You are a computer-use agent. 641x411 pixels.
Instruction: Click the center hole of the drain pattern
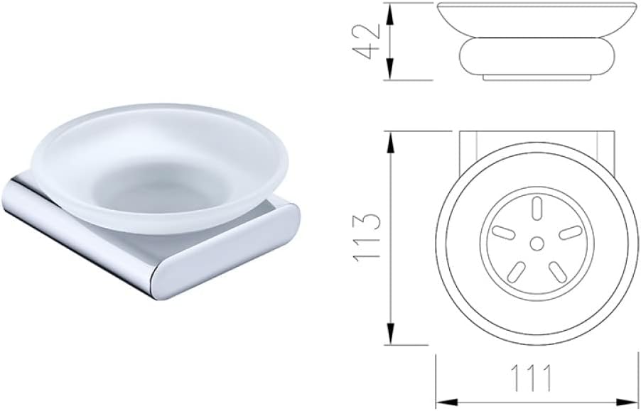[537, 243]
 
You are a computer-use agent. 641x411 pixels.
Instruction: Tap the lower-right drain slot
[557, 270]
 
